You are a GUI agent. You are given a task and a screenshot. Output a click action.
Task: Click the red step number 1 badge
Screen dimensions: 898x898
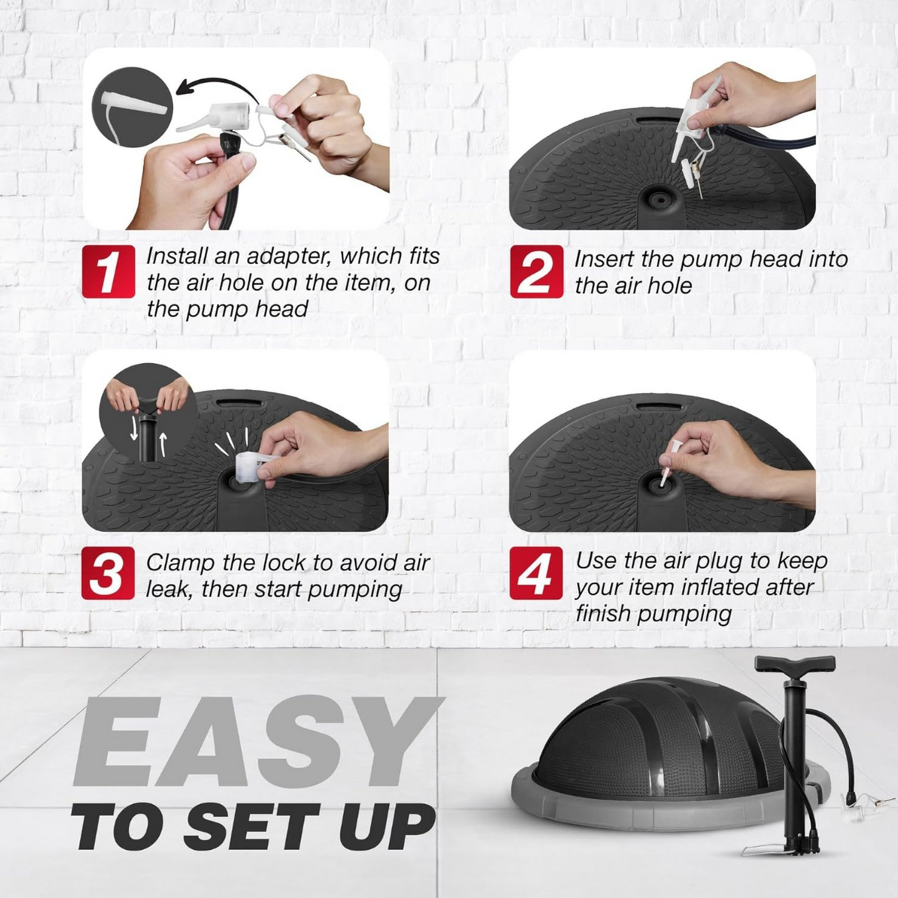click(x=109, y=271)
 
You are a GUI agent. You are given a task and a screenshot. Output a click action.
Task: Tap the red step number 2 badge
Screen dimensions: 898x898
click(x=537, y=271)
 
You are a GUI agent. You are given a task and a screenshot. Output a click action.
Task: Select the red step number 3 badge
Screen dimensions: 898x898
click(x=108, y=573)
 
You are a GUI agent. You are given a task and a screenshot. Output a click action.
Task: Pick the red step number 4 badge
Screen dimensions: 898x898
click(x=536, y=573)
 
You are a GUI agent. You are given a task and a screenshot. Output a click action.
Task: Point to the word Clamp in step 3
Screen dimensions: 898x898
click(x=180, y=564)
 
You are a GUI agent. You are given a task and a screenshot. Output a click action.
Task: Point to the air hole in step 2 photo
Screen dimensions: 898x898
click(x=661, y=198)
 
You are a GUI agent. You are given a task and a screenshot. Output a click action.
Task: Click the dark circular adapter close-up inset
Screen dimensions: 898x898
click(x=132, y=107)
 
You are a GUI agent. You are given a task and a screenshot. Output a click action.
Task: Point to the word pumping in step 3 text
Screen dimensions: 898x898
click(x=354, y=590)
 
